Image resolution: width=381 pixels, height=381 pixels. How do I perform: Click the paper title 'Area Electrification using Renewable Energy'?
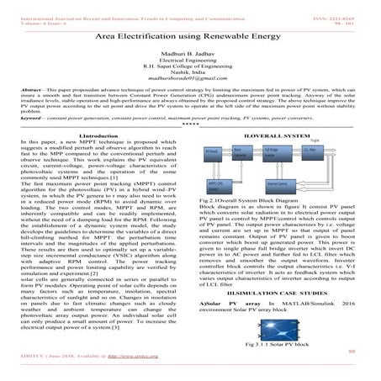coord(190,39)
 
